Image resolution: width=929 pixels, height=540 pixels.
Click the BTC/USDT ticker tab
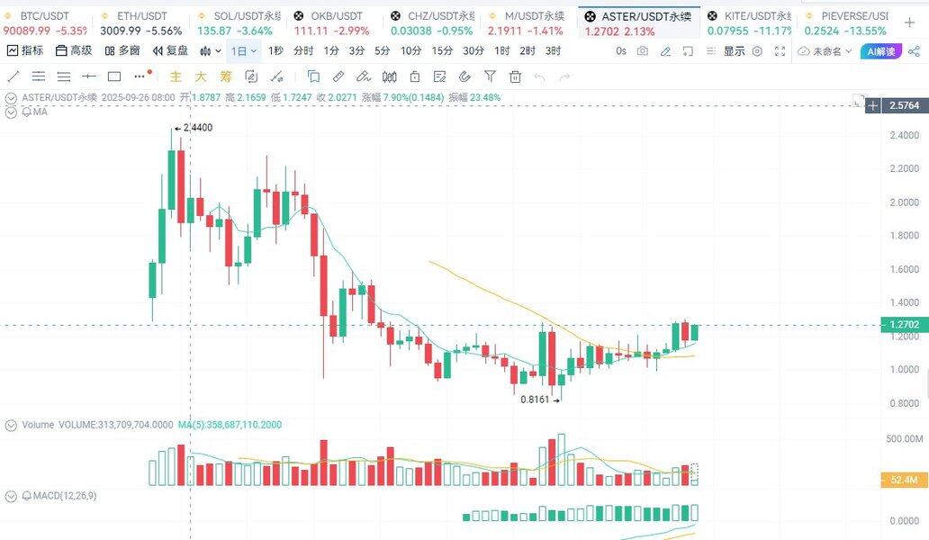click(43, 16)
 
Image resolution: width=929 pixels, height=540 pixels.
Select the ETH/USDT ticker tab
click(141, 16)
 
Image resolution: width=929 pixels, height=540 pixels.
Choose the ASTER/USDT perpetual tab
click(640, 16)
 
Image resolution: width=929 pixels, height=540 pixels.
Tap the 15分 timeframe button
click(442, 51)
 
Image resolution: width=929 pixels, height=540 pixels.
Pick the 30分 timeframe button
click(474, 51)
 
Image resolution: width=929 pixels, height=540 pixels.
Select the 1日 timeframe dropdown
click(243, 51)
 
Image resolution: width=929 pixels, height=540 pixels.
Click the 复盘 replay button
click(171, 51)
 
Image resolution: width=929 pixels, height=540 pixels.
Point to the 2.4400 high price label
click(197, 128)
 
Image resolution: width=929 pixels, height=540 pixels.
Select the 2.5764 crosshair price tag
click(904, 106)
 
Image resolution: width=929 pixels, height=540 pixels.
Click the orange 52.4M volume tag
click(903, 481)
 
